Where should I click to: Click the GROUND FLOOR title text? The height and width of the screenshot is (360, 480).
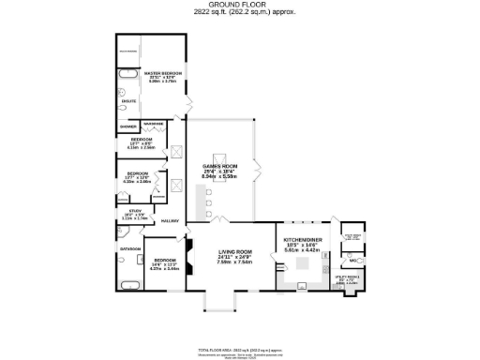240,5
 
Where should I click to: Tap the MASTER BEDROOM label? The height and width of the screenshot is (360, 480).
162,71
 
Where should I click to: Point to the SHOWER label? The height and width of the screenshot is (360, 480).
127,126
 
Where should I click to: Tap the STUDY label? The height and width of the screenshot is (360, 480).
134,211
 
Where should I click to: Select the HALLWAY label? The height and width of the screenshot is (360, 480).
170,221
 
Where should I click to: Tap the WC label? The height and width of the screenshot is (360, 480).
353,260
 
